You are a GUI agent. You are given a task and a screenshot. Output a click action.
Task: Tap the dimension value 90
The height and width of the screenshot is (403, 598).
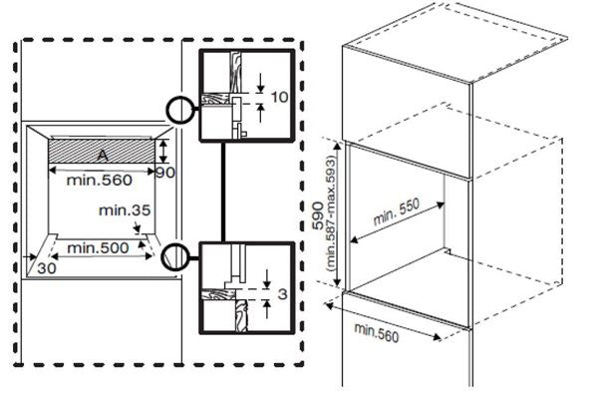click(x=165, y=172)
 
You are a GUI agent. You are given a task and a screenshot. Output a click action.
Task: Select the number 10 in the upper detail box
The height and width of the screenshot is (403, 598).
click(x=279, y=96)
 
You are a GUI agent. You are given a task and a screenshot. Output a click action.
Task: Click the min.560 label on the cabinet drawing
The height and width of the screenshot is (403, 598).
click(x=378, y=334)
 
